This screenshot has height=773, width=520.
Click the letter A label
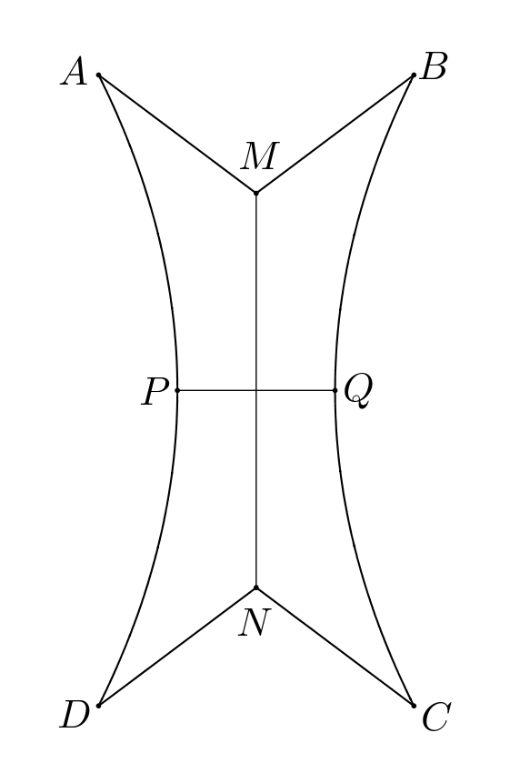tap(75, 72)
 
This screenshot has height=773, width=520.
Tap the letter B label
tap(434, 66)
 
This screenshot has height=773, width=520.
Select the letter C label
tap(435, 718)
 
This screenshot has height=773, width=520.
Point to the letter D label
tap(75, 717)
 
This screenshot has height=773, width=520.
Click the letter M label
tap(258, 157)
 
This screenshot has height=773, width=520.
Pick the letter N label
tap(255, 624)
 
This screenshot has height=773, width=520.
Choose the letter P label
tap(155, 393)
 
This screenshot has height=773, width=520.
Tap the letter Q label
tap(357, 391)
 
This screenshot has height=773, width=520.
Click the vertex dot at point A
tap(98, 75)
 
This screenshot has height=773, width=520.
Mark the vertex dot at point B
tap(414, 75)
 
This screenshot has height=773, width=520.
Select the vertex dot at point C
tap(414, 705)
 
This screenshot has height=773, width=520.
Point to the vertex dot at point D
tap(98, 705)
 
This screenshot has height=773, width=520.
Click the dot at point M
tap(256, 193)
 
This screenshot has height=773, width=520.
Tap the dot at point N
tap(256, 587)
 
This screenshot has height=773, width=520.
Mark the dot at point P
tap(177, 390)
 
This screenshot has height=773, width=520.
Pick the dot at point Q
tap(335, 390)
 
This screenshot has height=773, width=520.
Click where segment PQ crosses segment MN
tap(256, 390)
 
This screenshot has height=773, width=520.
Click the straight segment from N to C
tap(335, 646)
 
